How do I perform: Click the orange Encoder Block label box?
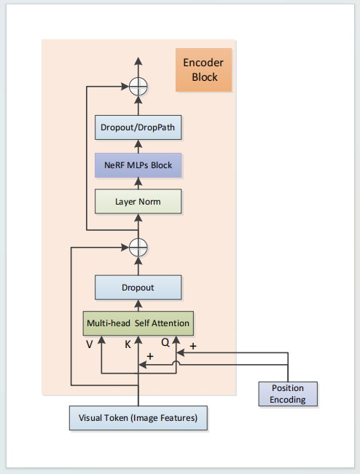coord(204,70)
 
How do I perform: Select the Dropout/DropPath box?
coord(138,129)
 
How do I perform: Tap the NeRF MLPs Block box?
coord(138,165)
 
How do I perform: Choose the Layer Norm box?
coord(138,201)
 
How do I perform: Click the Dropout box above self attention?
coord(138,287)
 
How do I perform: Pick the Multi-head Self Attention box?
coord(138,322)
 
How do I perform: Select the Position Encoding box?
coord(288,393)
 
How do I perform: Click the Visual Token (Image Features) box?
coord(138,419)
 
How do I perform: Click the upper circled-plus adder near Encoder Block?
coord(138,87)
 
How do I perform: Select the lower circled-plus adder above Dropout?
coord(138,247)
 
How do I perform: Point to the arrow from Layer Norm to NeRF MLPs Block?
coord(138,183)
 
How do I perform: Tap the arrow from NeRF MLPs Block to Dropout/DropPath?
coord(138,147)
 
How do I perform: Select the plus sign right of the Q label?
coord(193,347)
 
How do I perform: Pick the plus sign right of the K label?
coord(150,357)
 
